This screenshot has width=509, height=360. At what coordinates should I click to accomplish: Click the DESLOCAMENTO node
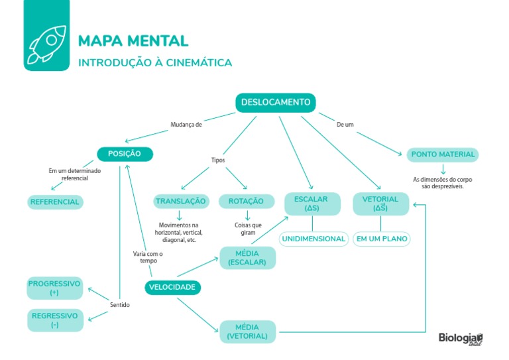[275, 103]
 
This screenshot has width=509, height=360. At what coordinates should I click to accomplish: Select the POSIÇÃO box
[125, 154]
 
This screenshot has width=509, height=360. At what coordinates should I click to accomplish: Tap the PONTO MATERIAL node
[443, 154]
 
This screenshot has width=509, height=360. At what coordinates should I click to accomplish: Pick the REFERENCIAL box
[55, 202]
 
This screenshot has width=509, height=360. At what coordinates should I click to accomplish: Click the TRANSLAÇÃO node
[180, 202]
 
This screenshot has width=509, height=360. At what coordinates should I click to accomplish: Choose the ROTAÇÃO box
[246, 202]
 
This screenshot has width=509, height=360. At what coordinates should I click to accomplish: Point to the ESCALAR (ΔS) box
[312, 204]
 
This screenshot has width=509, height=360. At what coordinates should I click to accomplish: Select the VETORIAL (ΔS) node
[380, 204]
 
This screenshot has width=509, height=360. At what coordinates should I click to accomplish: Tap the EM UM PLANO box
[381, 239]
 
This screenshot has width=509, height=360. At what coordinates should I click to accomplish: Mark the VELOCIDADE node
[172, 288]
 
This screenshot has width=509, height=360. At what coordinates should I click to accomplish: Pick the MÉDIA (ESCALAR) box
[247, 258]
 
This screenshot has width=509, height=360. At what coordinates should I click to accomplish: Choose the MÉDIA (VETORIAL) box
[247, 331]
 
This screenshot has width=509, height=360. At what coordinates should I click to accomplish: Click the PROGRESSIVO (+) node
[54, 288]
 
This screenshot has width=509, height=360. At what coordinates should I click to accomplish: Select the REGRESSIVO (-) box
[54, 320]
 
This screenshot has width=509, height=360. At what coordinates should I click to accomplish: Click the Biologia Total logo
[461, 338]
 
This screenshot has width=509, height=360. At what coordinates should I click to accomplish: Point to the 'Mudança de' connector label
[186, 124]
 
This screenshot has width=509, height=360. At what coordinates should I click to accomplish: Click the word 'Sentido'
[120, 305]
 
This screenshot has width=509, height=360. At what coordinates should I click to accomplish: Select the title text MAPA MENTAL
[133, 41]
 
